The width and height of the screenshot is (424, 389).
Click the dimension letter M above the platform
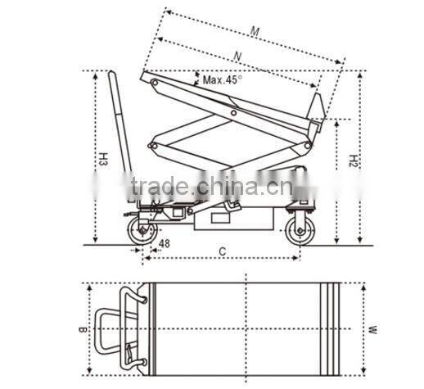255,33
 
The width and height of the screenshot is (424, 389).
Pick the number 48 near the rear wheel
164,244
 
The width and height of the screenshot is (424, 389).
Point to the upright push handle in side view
120,131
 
